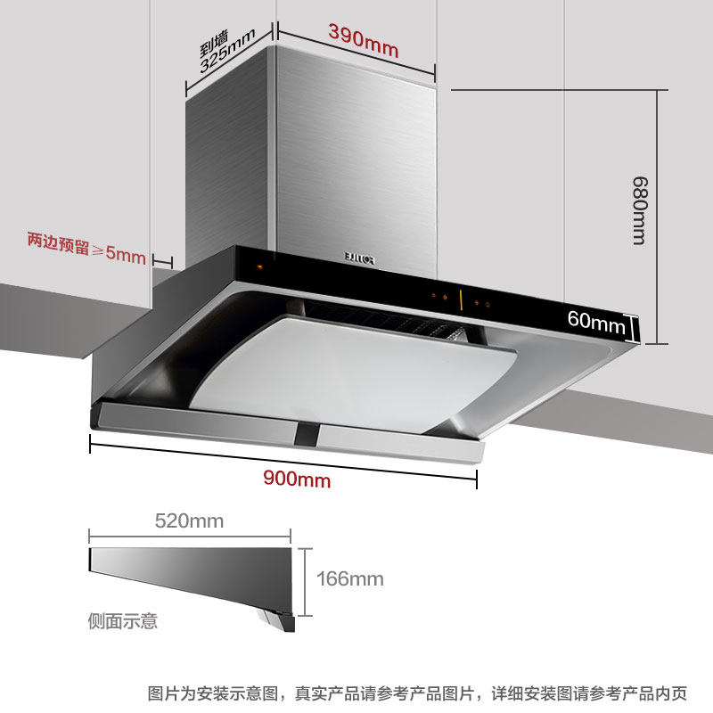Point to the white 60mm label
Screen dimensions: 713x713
tap(596, 323)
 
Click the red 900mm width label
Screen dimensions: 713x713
tap(297, 479)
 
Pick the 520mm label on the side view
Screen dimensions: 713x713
tap(189, 520)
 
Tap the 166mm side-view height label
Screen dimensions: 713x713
tap(349, 579)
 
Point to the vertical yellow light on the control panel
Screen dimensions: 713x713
tap(461, 300)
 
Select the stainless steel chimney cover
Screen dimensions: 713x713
tap(312, 160)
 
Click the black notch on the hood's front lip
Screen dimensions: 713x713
tap(307, 435)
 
